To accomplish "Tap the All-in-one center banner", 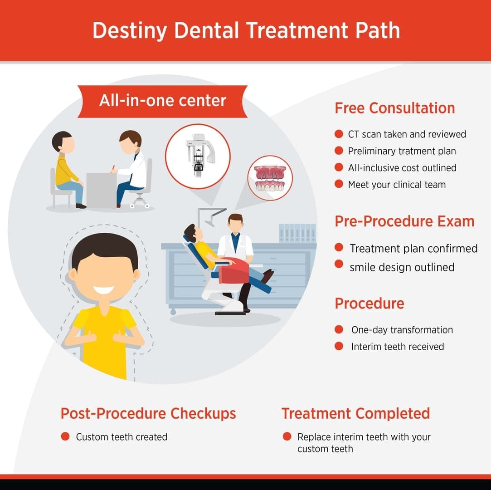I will (162, 101).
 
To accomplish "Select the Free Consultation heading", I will (394, 108).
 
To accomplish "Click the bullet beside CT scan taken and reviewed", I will (339, 134).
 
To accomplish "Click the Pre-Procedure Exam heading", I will (404, 221).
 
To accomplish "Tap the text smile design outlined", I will (402, 267).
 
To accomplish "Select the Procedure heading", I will (369, 303).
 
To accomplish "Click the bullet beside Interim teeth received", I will (339, 347).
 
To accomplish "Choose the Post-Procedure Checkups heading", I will (148, 413).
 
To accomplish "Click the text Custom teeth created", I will (122, 437).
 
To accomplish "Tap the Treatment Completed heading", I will (355, 413).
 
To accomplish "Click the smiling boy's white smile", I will (104, 289).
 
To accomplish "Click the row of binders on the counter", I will (297, 233).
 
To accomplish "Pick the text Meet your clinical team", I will (397, 185).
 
